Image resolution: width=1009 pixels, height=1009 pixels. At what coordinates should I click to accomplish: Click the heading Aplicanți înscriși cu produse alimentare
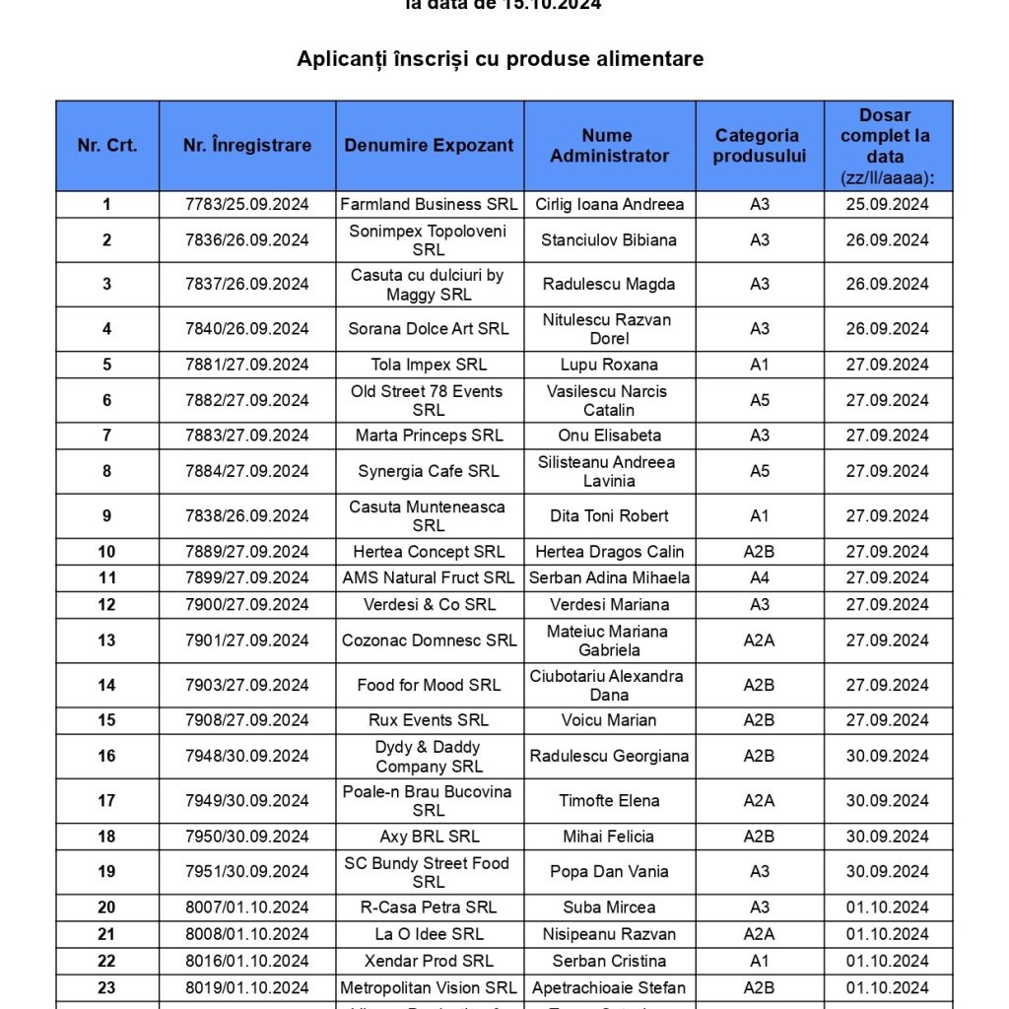501,59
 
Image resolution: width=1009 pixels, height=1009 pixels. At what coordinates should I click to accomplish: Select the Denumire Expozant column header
429,146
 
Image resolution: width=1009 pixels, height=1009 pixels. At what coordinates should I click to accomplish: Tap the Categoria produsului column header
760,146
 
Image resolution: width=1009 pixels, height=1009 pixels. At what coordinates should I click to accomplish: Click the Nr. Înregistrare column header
247,146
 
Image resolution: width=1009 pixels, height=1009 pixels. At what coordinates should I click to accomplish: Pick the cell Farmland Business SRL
429,205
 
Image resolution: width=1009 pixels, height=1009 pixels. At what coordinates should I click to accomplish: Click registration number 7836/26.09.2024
247,239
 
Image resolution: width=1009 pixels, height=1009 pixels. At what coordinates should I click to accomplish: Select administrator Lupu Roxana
609,365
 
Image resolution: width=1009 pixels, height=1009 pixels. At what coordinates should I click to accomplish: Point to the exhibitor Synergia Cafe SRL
429,471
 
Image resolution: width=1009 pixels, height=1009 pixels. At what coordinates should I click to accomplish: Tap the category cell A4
760,577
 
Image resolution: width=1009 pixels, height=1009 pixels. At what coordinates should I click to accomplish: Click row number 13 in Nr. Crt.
106,640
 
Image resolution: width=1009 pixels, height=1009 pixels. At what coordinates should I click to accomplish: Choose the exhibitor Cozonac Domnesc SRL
429,640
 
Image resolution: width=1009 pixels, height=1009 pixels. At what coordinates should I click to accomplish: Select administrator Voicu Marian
609,720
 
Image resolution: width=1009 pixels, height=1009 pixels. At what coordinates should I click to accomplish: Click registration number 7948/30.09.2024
247,756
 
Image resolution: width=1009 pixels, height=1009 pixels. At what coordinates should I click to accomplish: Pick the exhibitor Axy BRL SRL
429,837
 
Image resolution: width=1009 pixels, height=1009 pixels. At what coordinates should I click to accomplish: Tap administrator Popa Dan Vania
609,871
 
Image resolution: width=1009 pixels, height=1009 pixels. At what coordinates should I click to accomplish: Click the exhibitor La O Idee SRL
429,934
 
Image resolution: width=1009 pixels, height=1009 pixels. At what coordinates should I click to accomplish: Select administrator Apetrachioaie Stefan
609,987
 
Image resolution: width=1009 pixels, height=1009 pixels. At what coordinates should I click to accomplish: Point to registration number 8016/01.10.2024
247,961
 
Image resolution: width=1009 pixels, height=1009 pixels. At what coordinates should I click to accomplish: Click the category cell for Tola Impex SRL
760,365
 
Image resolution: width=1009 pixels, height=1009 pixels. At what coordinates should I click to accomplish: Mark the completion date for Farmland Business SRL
887,205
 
